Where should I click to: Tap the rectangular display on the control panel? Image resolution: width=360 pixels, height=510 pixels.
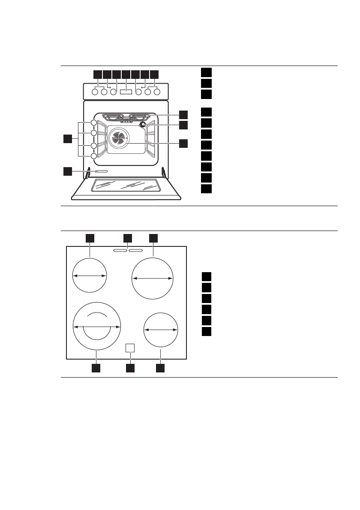pyautogui.click(x=126, y=92)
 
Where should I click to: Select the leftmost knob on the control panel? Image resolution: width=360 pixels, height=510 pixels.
pyautogui.click(x=95, y=92)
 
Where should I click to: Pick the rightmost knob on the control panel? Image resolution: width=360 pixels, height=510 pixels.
pyautogui.click(x=157, y=92)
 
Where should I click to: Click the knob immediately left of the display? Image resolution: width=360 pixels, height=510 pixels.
pyautogui.click(x=114, y=92)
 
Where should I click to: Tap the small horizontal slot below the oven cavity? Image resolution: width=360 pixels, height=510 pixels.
pyautogui.click(x=99, y=171)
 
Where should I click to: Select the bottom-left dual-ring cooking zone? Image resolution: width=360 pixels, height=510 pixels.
pyautogui.click(x=96, y=327)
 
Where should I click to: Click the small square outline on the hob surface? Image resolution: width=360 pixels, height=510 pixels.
pyautogui.click(x=130, y=348)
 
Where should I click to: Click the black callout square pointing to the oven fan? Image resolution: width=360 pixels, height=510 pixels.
pyautogui.click(x=183, y=144)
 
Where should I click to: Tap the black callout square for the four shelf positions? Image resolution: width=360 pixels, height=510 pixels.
pyautogui.click(x=67, y=138)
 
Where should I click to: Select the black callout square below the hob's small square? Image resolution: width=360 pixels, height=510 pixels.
pyautogui.click(x=130, y=368)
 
